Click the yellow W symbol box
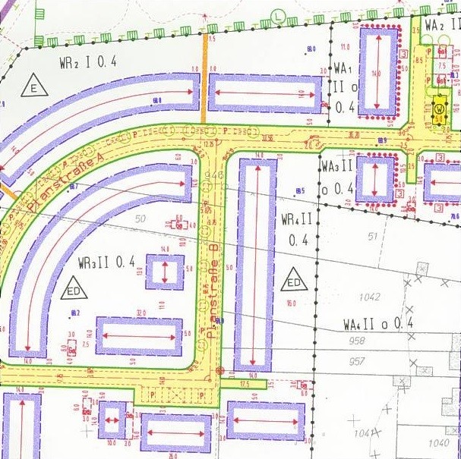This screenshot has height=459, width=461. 440,110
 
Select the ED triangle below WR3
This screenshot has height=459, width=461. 74,289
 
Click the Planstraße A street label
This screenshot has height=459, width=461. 65,181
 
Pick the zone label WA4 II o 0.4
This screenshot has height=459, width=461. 377,324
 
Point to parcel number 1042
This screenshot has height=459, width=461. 370,297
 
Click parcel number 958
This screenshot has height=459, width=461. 357,341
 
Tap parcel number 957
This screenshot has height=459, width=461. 357,361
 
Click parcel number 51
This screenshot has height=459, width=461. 372,237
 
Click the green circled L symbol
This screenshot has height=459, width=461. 279,14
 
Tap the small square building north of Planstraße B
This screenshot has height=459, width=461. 165,272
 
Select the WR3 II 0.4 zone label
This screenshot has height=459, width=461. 106,263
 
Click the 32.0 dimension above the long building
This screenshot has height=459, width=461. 141,313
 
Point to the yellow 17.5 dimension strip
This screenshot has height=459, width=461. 243,385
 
